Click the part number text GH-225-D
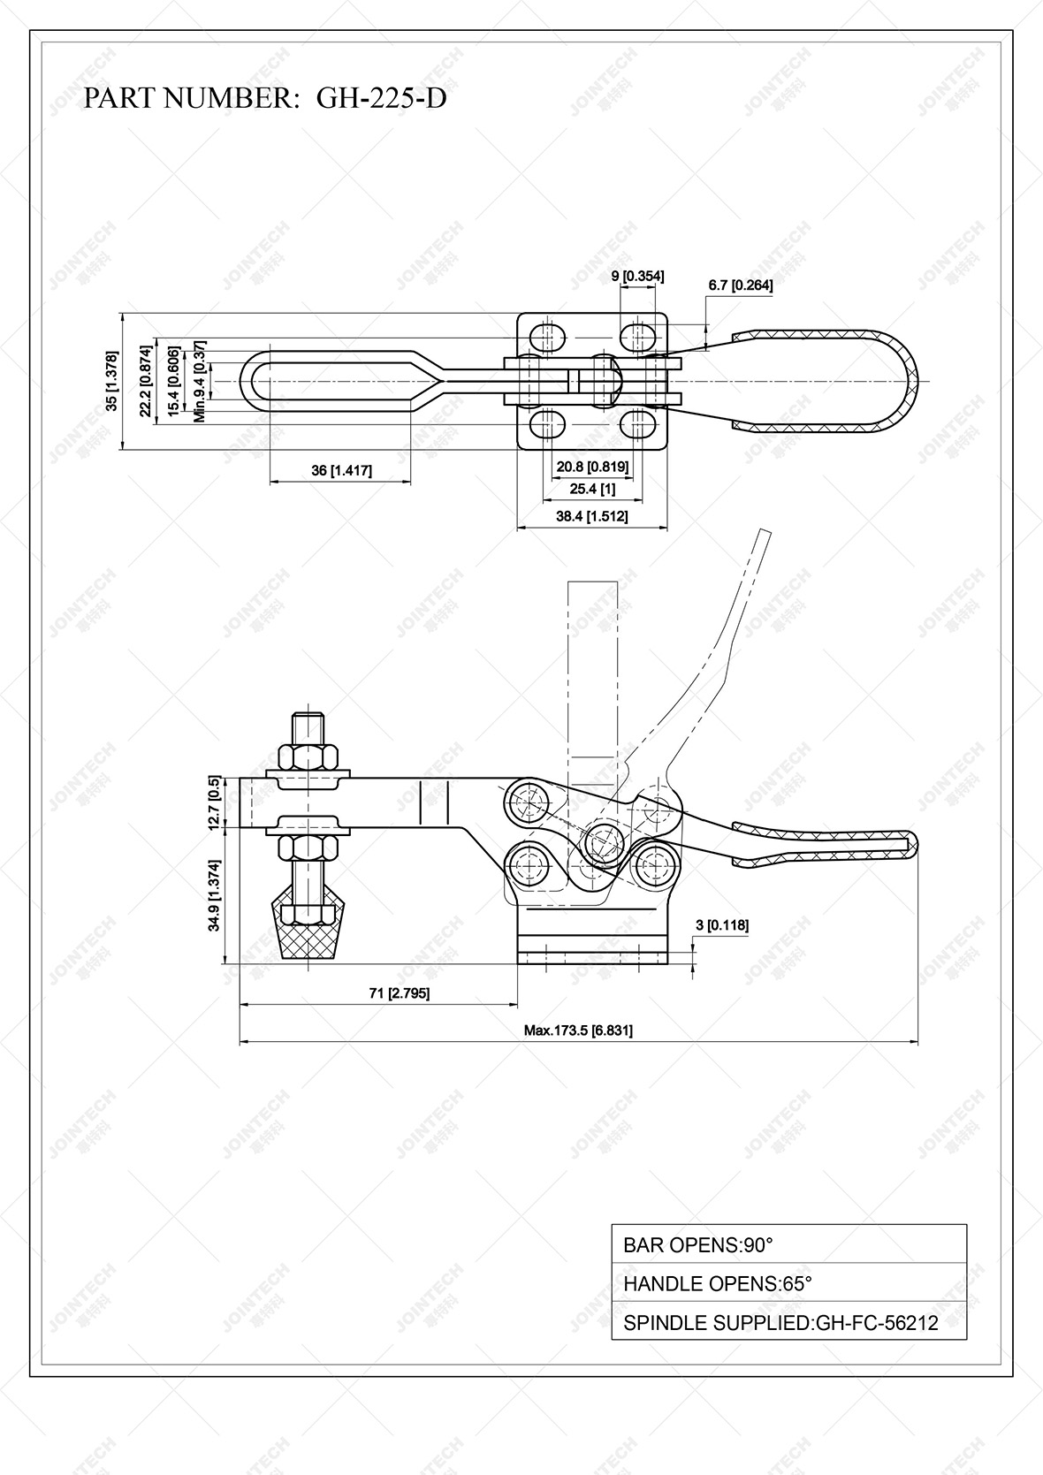(381, 98)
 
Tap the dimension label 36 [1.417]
(341, 471)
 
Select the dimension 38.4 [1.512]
(591, 516)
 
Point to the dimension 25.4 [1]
(592, 489)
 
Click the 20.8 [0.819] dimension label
(591, 467)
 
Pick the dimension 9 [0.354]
(637, 277)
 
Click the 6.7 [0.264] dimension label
(741, 285)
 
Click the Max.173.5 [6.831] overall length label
(578, 1030)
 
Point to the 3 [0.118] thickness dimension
(722, 925)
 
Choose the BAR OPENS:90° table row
(788, 1245)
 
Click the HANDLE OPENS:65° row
(788, 1283)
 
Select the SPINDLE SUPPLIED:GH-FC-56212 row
(788, 1322)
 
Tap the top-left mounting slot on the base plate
(547, 337)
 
